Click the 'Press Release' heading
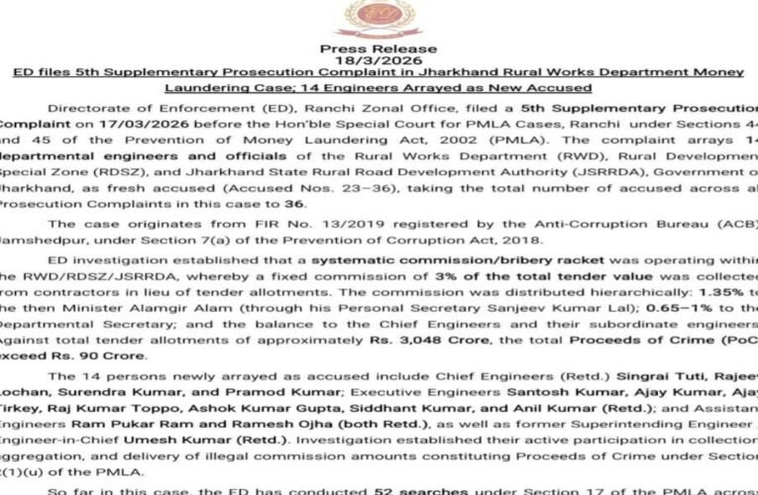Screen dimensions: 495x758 pos(379,49)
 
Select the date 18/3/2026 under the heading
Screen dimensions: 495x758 pos(379,60)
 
